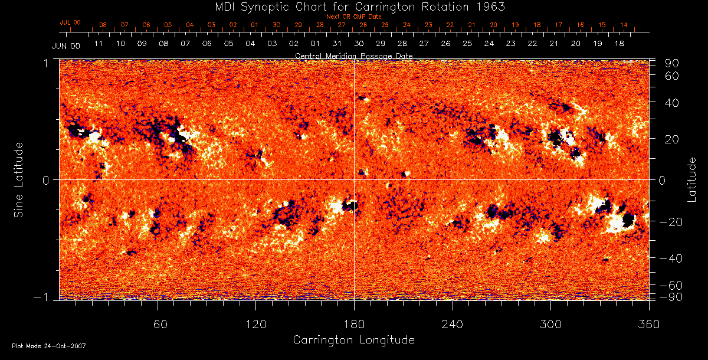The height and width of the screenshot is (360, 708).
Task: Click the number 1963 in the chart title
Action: point(492,6)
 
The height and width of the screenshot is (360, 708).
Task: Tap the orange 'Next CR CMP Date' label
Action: point(354,17)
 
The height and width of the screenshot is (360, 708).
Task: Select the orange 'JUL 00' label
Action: point(70,22)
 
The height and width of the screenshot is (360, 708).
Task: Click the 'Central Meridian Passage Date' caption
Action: point(353,55)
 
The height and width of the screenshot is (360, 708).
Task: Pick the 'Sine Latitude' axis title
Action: point(19,179)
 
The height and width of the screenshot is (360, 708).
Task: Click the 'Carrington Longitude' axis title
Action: point(353,340)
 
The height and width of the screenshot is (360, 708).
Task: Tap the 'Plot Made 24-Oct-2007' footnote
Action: point(49,346)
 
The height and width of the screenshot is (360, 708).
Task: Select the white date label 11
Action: point(99,44)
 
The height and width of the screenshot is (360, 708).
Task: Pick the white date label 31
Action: point(337,44)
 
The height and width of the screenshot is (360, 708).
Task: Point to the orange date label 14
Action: point(623,25)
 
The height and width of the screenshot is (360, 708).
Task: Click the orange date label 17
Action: point(558,25)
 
